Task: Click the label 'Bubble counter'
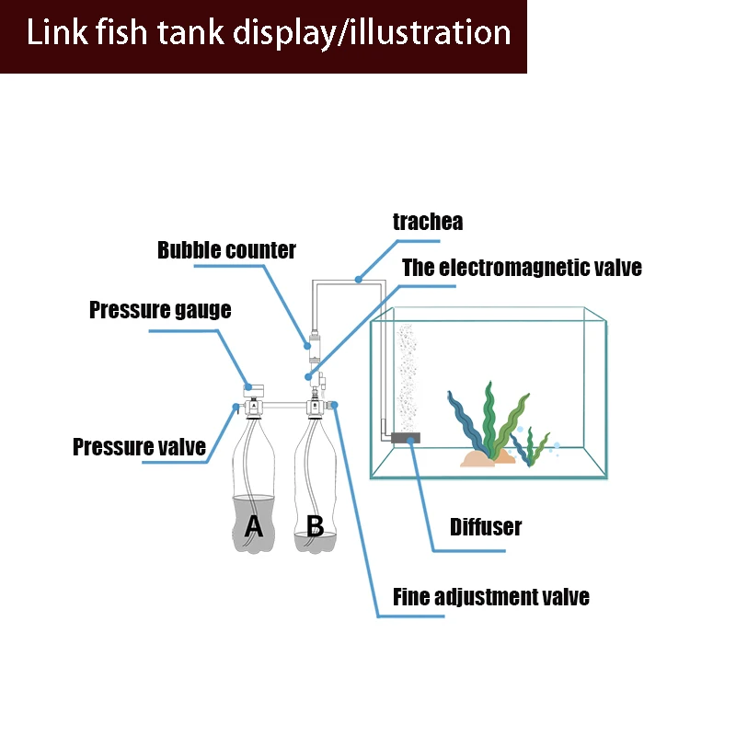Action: (226, 249)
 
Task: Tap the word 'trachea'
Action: (427, 222)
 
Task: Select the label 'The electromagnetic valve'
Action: (522, 268)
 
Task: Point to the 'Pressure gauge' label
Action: (160, 310)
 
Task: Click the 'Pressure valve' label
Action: (139, 447)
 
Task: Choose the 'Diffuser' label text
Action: (485, 527)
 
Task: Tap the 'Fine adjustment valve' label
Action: (490, 597)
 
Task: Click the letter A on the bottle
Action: (253, 526)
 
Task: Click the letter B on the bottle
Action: (315, 526)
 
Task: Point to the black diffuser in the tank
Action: (404, 440)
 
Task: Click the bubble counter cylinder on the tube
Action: (314, 348)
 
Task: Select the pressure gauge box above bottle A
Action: (253, 391)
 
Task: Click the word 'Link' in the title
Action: (56, 33)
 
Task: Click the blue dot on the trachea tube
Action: (359, 277)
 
